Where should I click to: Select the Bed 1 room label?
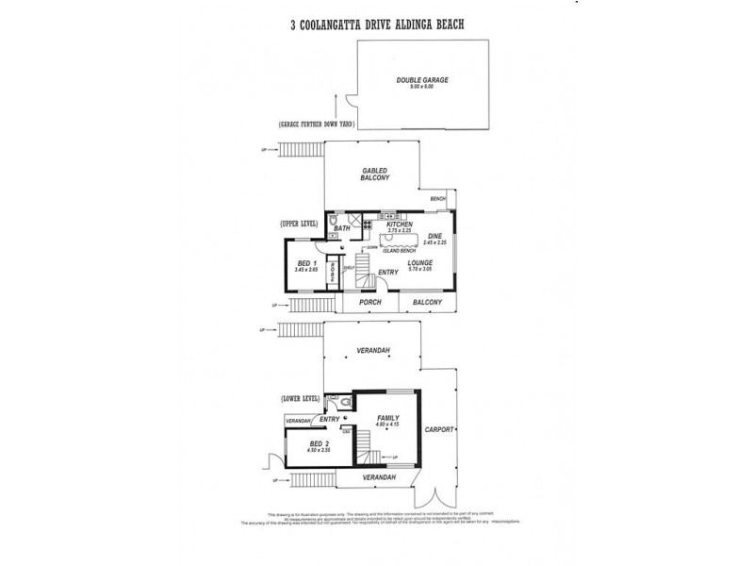point(304,263)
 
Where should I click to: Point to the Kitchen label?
point(400,225)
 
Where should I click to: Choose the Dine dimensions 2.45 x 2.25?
point(434,242)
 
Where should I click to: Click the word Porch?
point(370,302)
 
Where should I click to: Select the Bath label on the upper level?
point(343,228)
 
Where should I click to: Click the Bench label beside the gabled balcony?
point(437,200)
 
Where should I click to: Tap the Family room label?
point(388,418)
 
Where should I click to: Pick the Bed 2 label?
point(320,443)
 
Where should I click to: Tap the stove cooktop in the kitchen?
point(368,225)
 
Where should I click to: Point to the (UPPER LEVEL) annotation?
point(299,224)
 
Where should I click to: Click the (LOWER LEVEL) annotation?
point(300,400)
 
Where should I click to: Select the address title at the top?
point(376,27)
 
